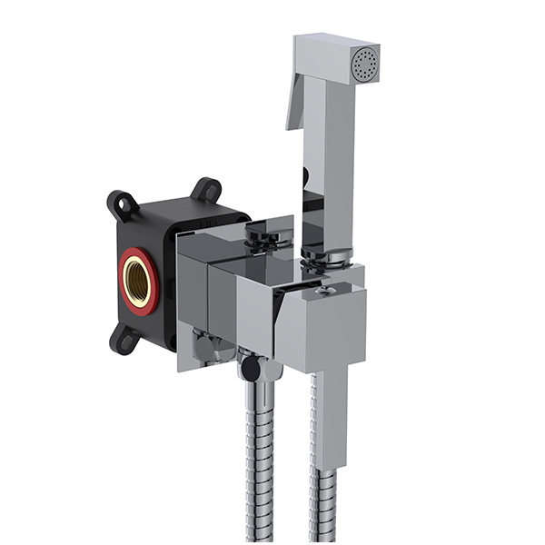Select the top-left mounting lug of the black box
tap(122, 203)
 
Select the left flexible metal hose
tap(258, 463)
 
